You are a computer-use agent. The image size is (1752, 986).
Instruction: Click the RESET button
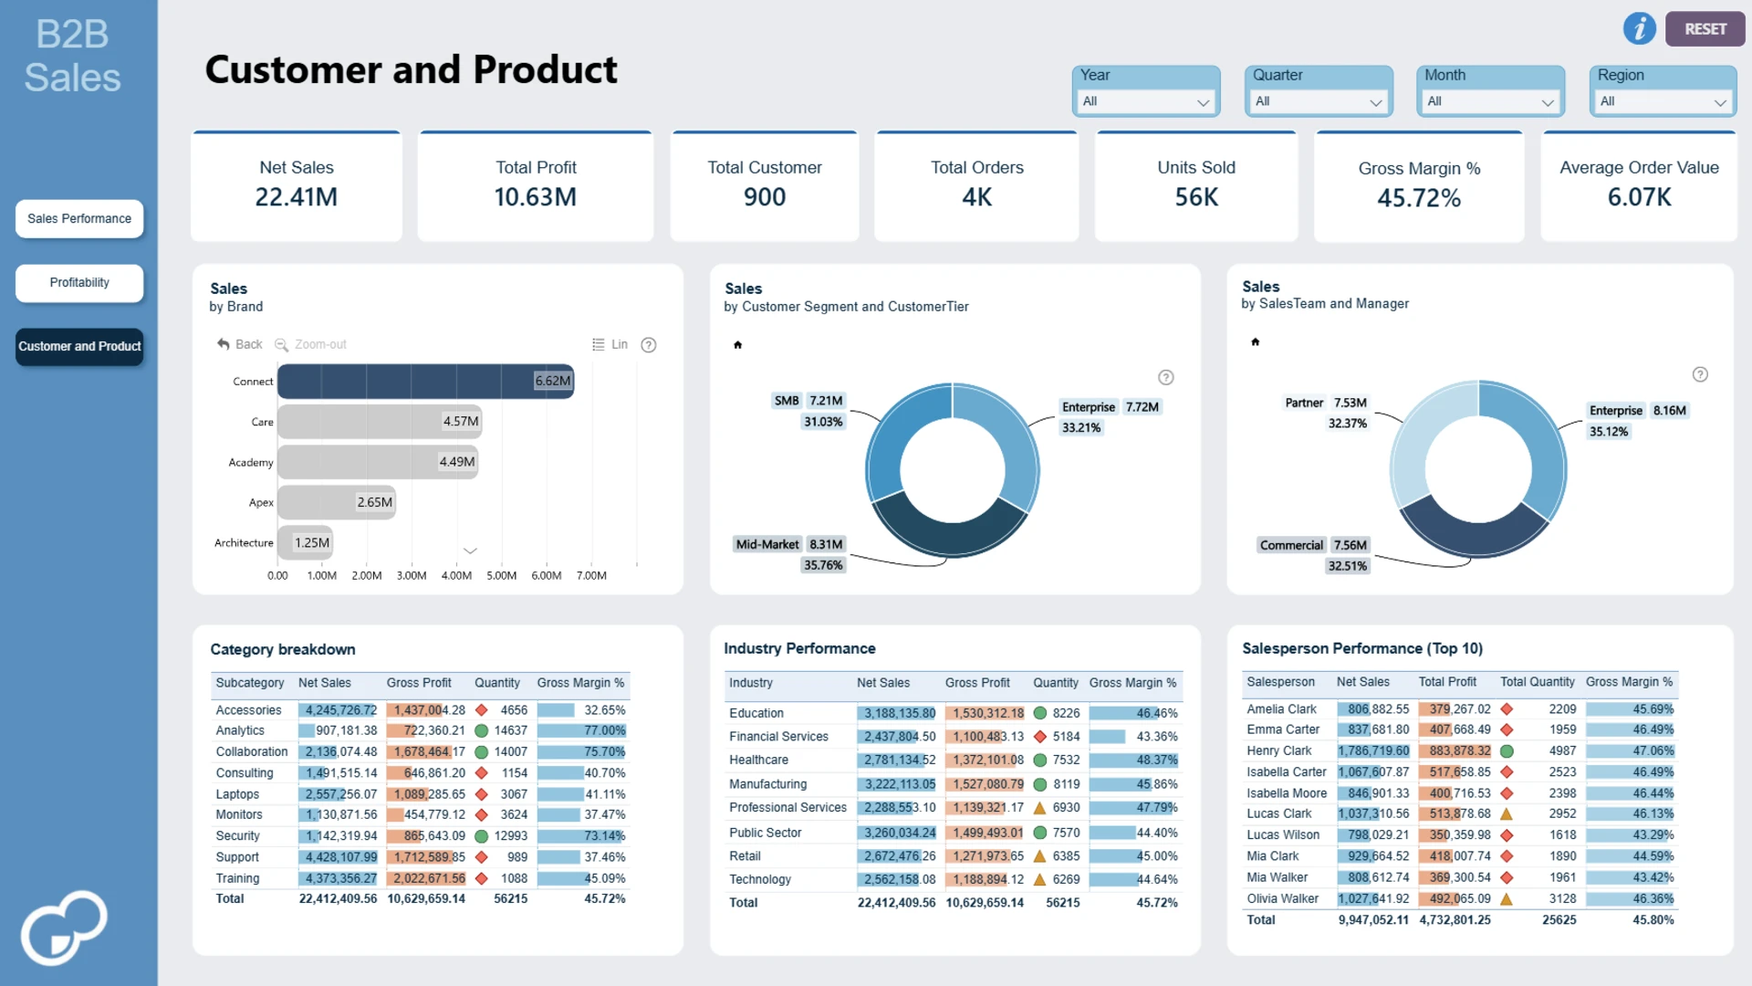[1705, 29]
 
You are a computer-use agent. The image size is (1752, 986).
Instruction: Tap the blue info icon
[1640, 28]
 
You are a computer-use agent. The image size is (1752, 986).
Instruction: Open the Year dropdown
[1145, 101]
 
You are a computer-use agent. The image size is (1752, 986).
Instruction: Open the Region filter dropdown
[1663, 101]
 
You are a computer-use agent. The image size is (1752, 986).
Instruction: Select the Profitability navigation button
[79, 283]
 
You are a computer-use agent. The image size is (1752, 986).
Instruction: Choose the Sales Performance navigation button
[79, 219]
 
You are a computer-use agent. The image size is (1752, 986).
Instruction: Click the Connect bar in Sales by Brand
[425, 382]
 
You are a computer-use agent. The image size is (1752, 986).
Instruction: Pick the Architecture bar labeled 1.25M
[305, 543]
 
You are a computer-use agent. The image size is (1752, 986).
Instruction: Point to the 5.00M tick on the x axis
[501, 576]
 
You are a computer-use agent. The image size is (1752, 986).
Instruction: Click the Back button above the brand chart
[240, 344]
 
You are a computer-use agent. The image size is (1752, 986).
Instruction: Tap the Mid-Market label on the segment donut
[766, 545]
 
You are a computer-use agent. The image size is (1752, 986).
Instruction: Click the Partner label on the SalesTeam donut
[1304, 403]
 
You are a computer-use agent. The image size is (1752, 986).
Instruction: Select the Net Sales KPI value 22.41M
[297, 197]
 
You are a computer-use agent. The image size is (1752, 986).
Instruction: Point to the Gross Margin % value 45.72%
[1419, 198]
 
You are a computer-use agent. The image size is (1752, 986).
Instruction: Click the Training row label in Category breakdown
[237, 878]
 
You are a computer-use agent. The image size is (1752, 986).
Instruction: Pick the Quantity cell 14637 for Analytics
[511, 730]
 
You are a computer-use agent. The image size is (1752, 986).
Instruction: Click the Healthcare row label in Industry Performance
[758, 760]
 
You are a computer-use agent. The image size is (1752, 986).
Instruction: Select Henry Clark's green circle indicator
[1507, 751]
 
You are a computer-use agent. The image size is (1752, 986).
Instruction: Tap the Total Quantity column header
[1538, 682]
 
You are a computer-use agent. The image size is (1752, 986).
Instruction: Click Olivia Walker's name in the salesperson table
[1282, 899]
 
